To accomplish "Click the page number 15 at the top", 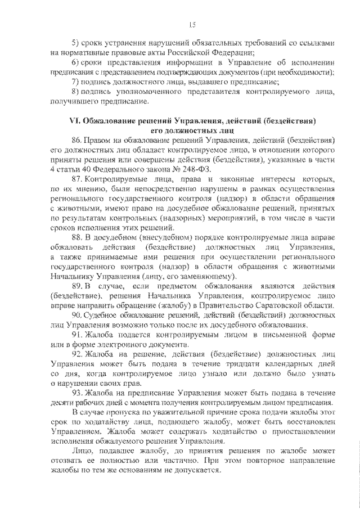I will (x=192, y=24).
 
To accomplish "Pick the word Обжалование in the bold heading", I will (x=112, y=121).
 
